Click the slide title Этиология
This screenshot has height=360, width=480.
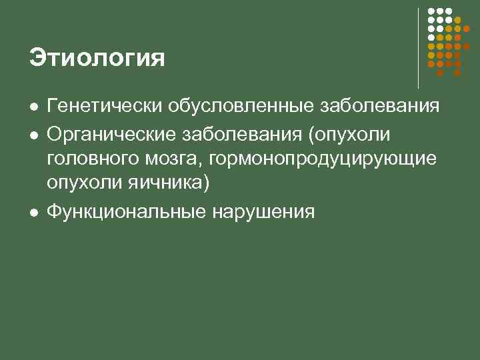pos(97,59)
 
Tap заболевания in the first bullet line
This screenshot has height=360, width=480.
pos(380,107)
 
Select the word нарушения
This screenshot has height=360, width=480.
pos(263,211)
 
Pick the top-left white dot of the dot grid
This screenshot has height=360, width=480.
pos(431,11)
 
